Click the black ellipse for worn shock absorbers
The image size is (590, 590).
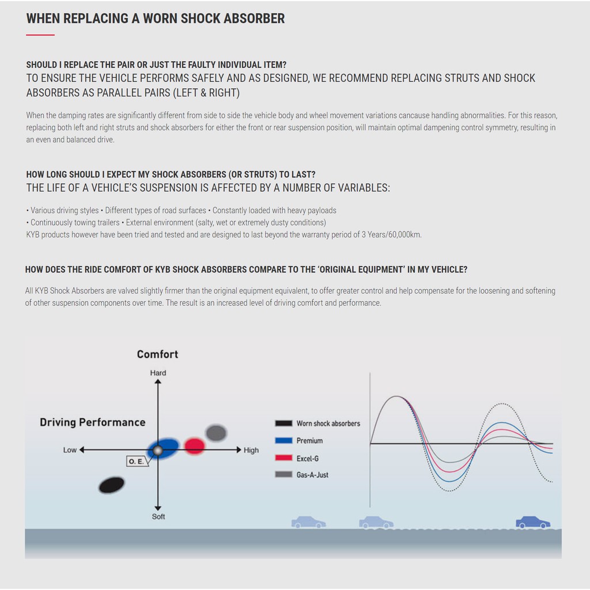pos(111,485)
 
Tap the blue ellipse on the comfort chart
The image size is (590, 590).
pos(164,449)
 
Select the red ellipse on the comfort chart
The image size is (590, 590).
pos(195,445)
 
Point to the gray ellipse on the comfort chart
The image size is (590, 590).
pos(216,433)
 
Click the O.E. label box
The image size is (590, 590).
pos(135,462)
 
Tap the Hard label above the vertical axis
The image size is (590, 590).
pos(158,373)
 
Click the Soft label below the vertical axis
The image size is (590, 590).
pos(158,516)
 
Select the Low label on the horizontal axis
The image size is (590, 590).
pos(70,450)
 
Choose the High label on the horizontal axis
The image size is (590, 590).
pos(251,450)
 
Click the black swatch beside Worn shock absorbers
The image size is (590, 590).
pos(283,423)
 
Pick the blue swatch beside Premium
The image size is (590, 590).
pos(283,441)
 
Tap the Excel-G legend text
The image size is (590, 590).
pos(308,459)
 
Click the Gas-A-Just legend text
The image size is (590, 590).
pos(312,475)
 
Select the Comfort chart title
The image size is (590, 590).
pos(157,354)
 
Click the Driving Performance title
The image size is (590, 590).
pos(92,422)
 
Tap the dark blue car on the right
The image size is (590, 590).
pos(532,523)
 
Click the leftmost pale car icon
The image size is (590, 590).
pos(308,522)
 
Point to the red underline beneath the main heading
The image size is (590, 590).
pos(40,35)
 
